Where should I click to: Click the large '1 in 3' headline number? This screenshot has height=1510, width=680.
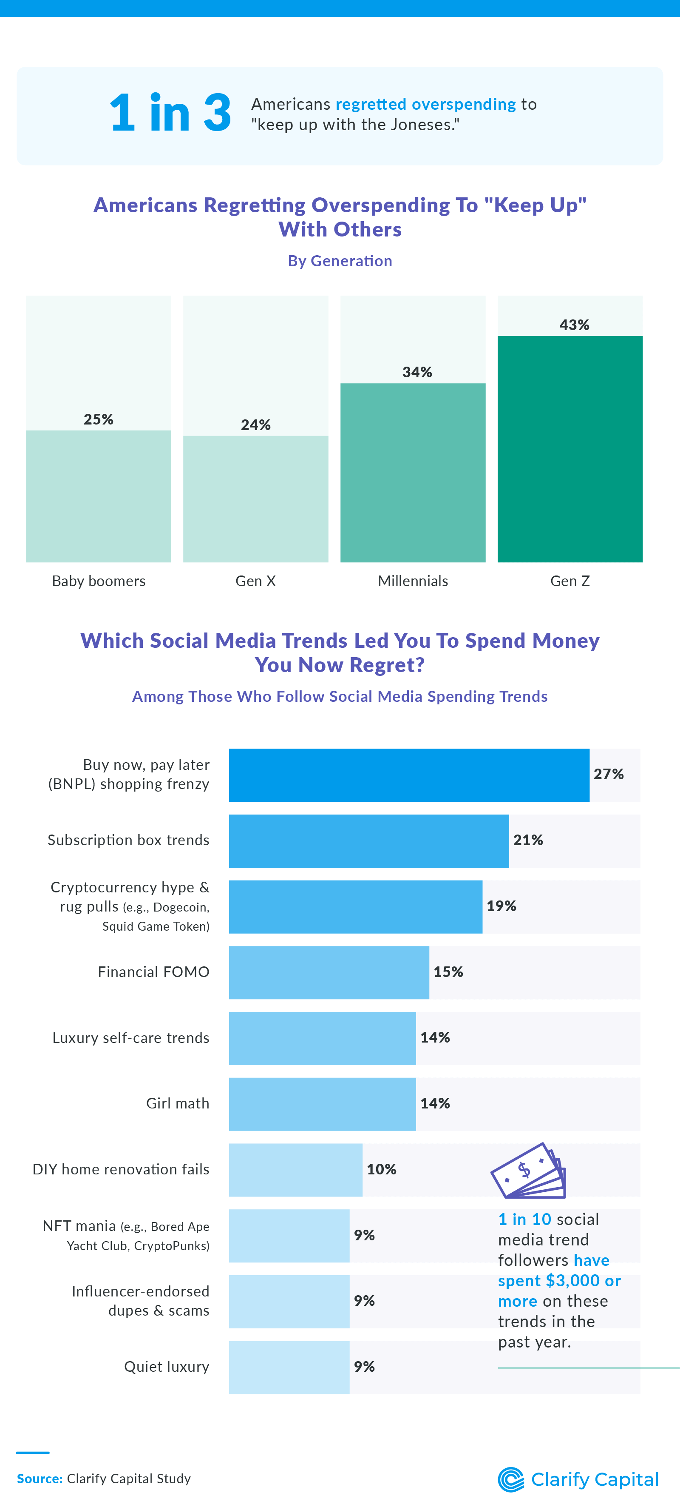pos(170,113)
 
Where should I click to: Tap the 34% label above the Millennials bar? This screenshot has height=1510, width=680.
pos(417,372)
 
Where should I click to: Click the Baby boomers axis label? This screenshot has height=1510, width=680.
pos(99,581)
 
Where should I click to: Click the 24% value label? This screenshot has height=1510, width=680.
pos(255,425)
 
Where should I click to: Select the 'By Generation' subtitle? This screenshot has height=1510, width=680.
pos(340,261)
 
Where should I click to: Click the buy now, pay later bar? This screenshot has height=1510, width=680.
pos(409,775)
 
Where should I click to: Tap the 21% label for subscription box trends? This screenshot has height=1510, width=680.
pos(528,840)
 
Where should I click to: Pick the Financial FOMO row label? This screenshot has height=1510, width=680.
pos(153,972)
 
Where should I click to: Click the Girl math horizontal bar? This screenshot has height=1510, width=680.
pos(322,1104)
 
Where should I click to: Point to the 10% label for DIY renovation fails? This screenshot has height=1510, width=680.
pos(381,1169)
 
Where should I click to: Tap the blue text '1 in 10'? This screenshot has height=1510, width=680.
pos(524,1219)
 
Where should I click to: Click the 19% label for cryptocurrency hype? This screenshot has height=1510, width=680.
pos(501,906)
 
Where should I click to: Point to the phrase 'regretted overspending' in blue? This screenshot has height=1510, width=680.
pos(425,104)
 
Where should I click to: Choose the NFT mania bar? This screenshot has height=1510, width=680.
pos(289,1235)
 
